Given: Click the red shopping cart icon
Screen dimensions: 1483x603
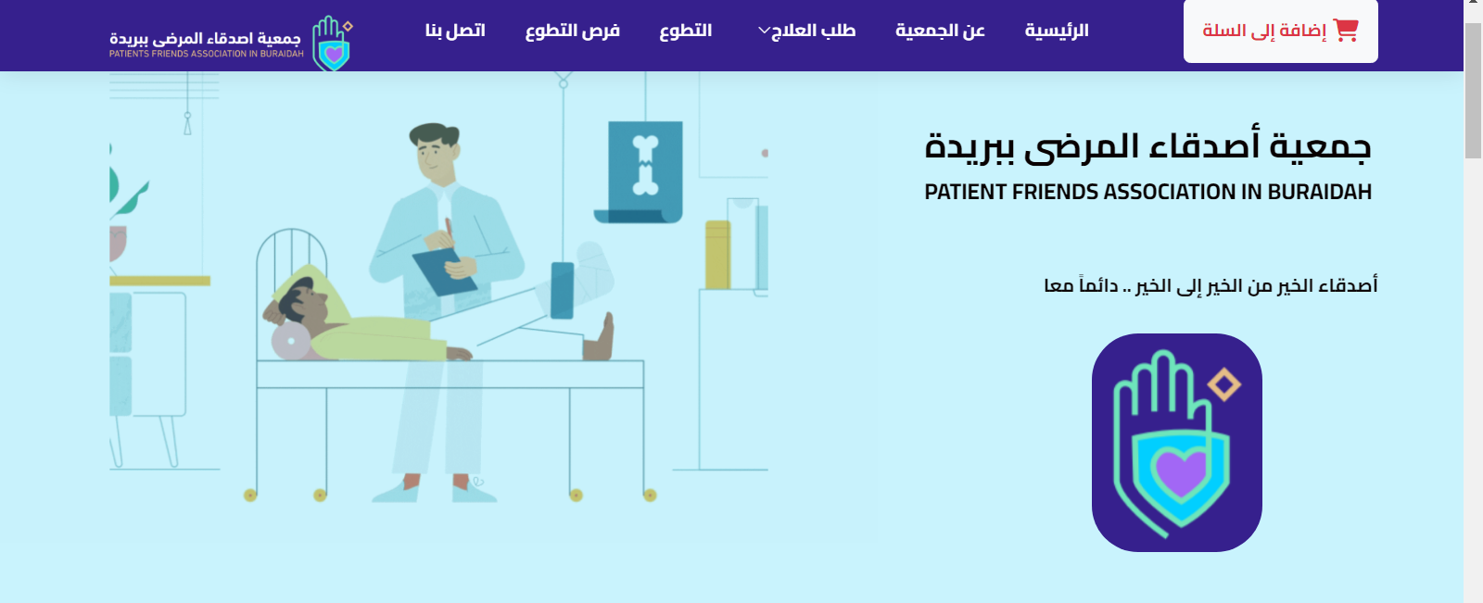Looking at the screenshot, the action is (1346, 31).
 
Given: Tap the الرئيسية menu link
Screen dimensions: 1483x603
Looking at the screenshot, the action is (1057, 31).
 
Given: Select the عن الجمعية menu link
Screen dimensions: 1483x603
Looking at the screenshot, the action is (940, 31).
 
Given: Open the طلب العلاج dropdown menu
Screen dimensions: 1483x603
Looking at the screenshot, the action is (807, 31).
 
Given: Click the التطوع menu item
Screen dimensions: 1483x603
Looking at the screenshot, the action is (685, 31).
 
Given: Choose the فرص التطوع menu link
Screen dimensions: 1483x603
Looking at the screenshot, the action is (573, 31).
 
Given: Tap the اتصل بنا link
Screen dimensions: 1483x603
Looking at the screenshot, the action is (455, 31).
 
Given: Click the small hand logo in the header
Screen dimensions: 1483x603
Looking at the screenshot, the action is (333, 43).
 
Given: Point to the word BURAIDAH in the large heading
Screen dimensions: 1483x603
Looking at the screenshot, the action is (1319, 192).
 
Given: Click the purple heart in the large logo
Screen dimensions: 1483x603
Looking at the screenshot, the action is (1181, 471).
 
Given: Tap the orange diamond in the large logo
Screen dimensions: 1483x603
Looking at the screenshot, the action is (1223, 383).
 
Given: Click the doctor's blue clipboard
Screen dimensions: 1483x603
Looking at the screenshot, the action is (444, 271).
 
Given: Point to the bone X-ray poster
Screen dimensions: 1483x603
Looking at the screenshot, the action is (644, 171).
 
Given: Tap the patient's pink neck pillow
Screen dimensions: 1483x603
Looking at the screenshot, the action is (290, 342).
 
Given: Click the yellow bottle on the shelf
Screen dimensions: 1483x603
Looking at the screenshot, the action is (717, 255).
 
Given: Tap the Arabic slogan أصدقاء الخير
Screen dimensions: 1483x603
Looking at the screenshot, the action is (1210, 285).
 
